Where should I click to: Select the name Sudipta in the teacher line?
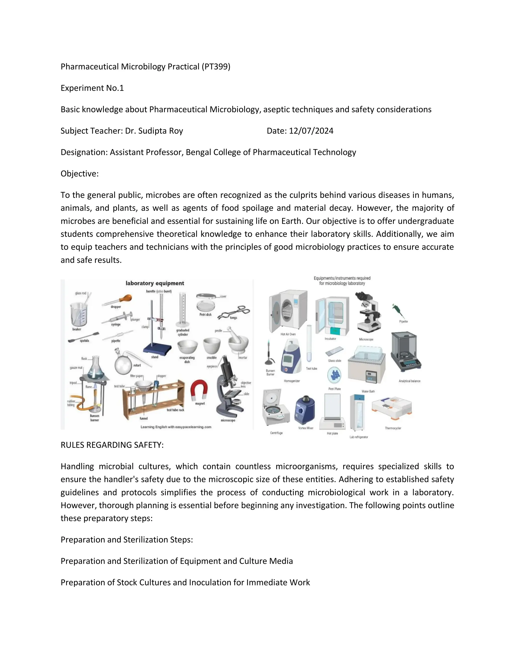pyautogui.click(x=152, y=131)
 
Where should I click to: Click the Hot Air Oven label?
pyautogui.click(x=288, y=334)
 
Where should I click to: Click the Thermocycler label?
pyautogui.click(x=393, y=428)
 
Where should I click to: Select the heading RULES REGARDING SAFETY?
pyautogui.click(x=112, y=445)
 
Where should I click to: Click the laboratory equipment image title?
pyautogui.click(x=155, y=283)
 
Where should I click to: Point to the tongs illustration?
pyautogui.click(x=233, y=312)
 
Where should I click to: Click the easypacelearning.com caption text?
pyautogui.click(x=176, y=427)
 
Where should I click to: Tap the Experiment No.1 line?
pyautogui.click(x=92, y=88)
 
